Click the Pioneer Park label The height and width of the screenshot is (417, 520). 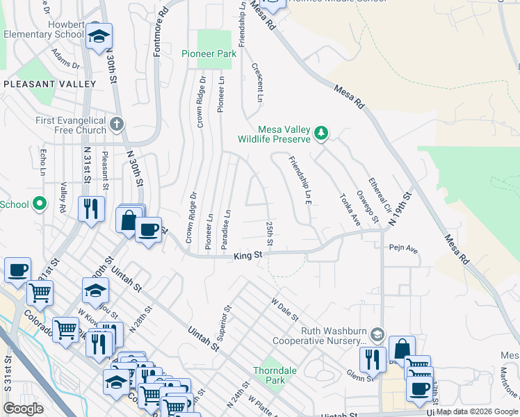click(204, 54)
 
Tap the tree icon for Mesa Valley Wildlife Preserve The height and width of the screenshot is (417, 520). click(320, 132)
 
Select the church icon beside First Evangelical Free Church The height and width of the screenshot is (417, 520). click(117, 124)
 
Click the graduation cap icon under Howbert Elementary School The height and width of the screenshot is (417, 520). click(99, 36)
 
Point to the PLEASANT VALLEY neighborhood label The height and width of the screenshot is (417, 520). click(49, 84)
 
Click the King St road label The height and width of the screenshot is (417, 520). click(247, 256)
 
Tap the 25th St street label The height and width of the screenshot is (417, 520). click(269, 234)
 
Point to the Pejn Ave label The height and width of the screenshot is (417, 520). click(403, 247)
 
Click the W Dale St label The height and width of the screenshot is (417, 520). click(284, 309)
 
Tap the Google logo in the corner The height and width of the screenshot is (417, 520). click(23, 409)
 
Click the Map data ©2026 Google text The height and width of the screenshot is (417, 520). click(477, 411)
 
